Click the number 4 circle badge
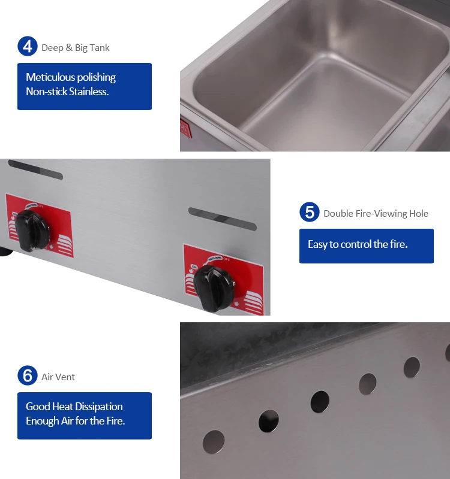27,47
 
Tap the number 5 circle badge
309,213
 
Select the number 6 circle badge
27,376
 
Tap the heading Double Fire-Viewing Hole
376,213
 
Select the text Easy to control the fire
358,244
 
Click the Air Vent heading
58,377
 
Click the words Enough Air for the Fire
75,421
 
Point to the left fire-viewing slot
35,169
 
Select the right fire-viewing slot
222,218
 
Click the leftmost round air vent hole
214,442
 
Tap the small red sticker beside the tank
184,128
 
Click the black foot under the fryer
5,248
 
